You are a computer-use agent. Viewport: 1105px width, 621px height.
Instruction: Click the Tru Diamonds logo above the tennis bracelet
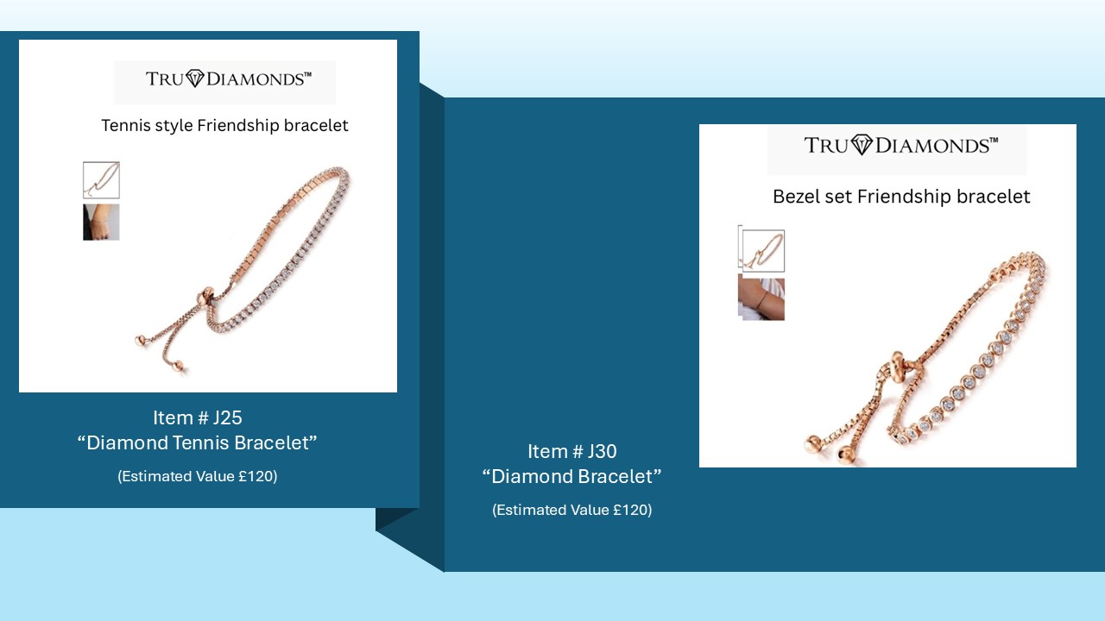click(x=229, y=78)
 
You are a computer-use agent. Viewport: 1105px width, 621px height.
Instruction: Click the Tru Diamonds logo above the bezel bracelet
click(x=900, y=146)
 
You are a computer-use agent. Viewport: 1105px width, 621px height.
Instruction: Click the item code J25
click(x=227, y=418)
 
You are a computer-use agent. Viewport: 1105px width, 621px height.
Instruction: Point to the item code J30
click(x=602, y=451)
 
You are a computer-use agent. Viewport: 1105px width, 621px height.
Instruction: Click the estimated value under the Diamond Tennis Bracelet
click(x=198, y=476)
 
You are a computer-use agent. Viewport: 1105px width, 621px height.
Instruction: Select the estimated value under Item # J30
click(x=572, y=510)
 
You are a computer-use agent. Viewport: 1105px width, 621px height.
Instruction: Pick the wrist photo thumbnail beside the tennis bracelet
click(x=101, y=223)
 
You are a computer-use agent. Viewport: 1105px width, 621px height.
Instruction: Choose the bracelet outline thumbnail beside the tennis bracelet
click(x=101, y=180)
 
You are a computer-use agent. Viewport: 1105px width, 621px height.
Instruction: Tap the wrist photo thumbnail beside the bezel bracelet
click(x=761, y=298)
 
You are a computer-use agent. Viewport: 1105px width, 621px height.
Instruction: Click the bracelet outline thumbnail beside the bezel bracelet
click(x=763, y=250)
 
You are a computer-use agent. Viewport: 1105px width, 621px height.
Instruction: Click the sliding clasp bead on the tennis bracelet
click(x=205, y=298)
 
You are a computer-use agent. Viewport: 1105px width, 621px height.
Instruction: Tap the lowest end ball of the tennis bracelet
click(x=177, y=366)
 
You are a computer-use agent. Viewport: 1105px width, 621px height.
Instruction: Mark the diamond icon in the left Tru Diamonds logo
click(x=195, y=78)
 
